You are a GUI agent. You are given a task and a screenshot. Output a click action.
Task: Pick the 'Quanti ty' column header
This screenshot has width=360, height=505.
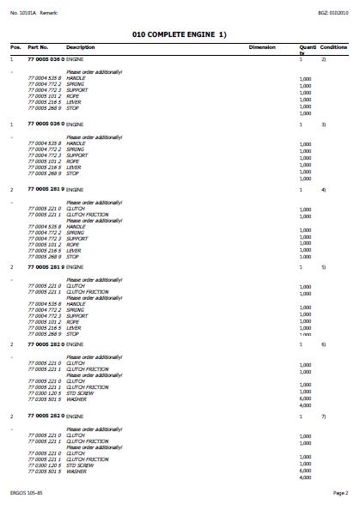tap(307, 49)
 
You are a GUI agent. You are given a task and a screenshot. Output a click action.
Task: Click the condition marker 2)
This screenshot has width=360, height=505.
tap(323, 59)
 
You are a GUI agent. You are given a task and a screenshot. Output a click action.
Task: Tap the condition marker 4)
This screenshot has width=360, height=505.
tap(323, 189)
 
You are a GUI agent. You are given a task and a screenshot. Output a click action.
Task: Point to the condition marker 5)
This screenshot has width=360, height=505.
tap(323, 267)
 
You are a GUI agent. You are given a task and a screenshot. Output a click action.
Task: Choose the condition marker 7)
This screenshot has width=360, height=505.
tap(323, 416)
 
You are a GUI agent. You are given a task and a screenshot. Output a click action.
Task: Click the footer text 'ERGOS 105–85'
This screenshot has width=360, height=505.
tap(25, 494)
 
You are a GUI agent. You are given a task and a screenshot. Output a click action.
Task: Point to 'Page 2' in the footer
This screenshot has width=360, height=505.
tap(340, 494)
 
